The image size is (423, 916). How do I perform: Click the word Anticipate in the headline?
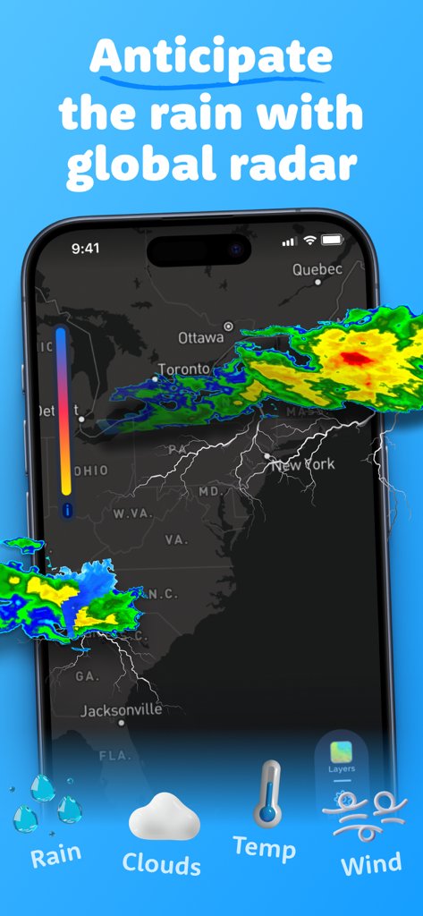click(x=211, y=57)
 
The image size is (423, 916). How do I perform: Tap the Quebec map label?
click(x=317, y=269)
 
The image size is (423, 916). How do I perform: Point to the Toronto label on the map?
click(x=184, y=369)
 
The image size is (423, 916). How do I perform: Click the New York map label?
click(x=303, y=464)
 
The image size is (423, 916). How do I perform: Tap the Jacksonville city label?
click(x=122, y=710)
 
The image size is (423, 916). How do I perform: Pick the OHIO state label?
click(x=90, y=471)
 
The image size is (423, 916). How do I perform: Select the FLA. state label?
click(x=114, y=756)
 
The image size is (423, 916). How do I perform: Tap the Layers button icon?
click(x=342, y=752)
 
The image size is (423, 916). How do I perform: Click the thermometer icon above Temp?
click(x=267, y=793)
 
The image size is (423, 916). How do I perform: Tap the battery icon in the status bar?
click(x=332, y=241)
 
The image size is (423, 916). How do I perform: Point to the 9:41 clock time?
click(x=86, y=249)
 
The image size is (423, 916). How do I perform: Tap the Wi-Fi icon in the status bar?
click(x=309, y=241)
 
